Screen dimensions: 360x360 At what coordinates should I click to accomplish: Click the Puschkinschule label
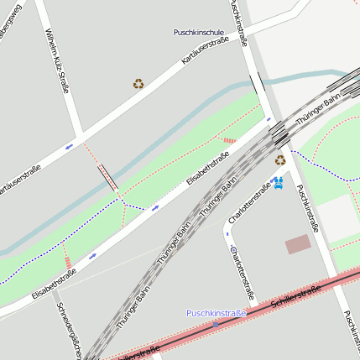click(x=198, y=32)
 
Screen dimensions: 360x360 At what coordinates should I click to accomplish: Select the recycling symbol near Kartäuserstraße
click(x=138, y=83)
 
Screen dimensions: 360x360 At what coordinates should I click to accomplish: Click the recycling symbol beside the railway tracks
click(x=280, y=159)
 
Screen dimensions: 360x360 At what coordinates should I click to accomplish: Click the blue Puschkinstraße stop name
click(x=216, y=313)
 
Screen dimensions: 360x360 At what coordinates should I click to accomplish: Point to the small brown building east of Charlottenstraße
click(x=297, y=244)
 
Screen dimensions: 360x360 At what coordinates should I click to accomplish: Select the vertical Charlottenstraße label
click(x=241, y=273)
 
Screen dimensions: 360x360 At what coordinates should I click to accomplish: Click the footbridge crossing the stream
click(x=107, y=178)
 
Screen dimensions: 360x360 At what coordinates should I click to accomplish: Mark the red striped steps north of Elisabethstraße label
click(x=229, y=140)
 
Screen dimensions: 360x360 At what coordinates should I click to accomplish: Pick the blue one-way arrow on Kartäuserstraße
click(x=69, y=146)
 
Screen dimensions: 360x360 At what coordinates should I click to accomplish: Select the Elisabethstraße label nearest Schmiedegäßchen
click(x=54, y=284)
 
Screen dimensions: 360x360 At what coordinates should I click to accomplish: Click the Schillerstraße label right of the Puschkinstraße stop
click(x=298, y=297)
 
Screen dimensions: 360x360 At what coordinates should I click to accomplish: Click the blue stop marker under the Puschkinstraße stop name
click(x=216, y=323)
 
